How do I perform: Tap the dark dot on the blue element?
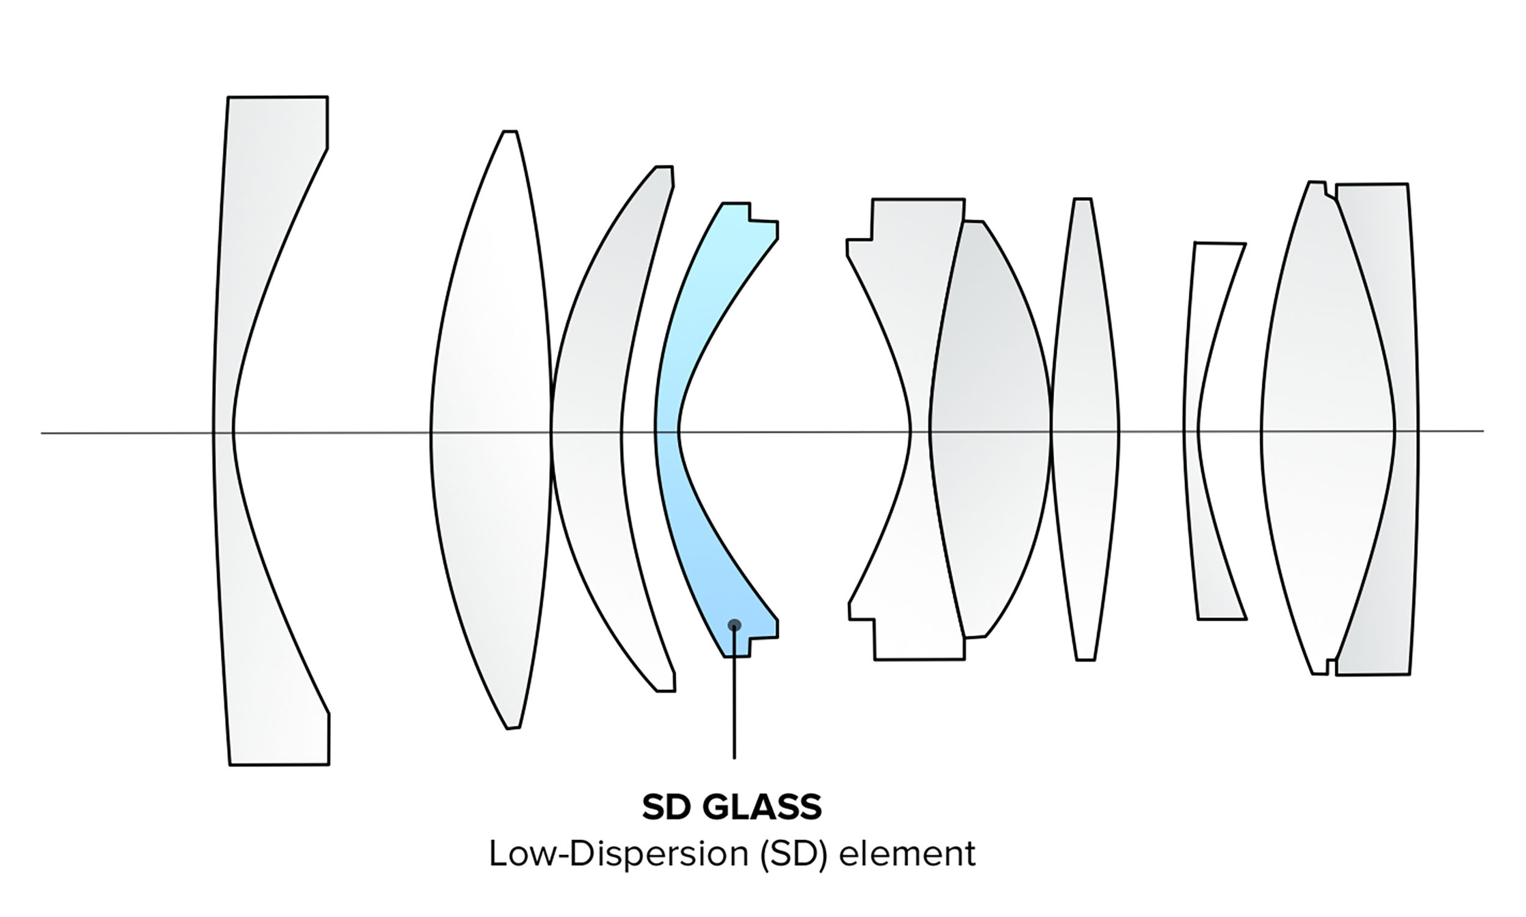click(734, 625)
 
